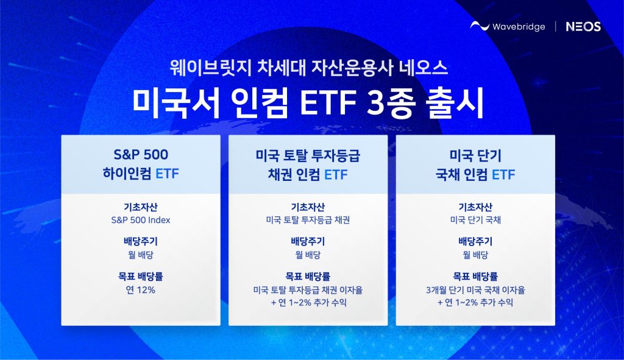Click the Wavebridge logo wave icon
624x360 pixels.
(480, 26)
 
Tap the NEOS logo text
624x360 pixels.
(583, 27)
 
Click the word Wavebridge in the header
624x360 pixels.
(519, 27)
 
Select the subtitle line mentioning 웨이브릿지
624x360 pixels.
(308, 68)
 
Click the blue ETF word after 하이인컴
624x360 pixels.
(167, 174)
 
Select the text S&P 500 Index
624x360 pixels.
(141, 220)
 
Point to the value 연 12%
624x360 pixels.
(141, 290)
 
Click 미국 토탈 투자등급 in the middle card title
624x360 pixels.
(308, 155)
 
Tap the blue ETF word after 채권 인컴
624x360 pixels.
(336, 175)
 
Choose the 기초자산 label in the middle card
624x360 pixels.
(308, 207)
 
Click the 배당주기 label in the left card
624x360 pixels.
(141, 241)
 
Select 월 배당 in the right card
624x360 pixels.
(475, 255)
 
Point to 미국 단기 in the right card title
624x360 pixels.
(475, 155)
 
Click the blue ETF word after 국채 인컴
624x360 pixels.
(503, 175)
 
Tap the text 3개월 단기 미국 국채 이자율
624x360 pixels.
(475, 290)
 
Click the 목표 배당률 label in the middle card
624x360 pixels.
(308, 276)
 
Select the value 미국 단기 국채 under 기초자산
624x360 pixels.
(475, 220)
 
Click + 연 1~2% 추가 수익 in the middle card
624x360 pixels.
(308, 303)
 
